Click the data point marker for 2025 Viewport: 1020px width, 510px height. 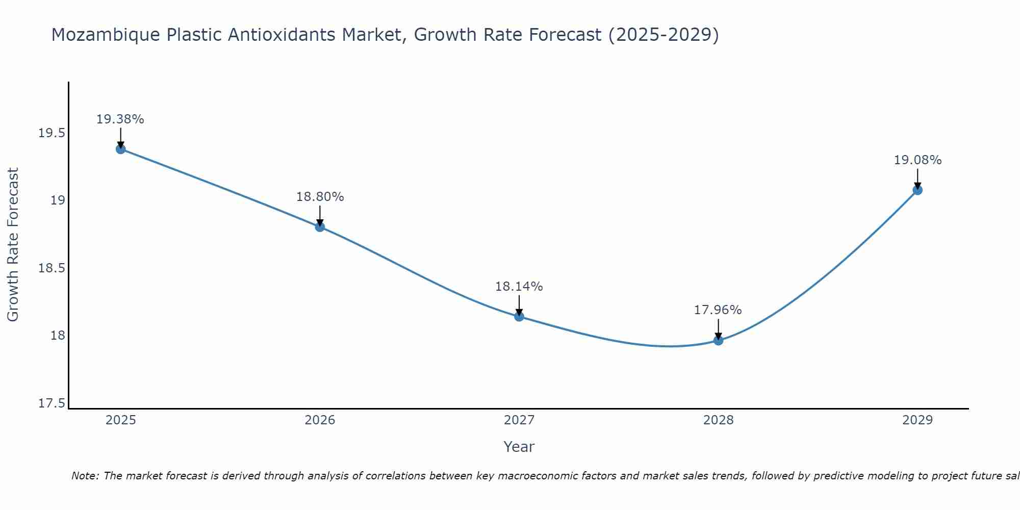(121, 149)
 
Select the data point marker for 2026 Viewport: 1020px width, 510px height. (320, 226)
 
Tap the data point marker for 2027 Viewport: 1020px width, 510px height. (519, 316)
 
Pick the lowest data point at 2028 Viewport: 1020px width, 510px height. (718, 340)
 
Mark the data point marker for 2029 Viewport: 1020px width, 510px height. (917, 190)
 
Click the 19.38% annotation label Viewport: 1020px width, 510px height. (120, 119)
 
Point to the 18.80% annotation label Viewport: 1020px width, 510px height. (320, 197)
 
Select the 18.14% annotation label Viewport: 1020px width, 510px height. (519, 287)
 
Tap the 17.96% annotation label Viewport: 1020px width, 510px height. (718, 310)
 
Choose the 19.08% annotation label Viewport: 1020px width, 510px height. (917, 160)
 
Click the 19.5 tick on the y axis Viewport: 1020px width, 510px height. (52, 134)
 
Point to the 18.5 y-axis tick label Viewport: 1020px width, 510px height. (52, 268)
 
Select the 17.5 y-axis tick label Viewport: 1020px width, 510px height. (52, 403)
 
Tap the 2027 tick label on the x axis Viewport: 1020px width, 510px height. (519, 420)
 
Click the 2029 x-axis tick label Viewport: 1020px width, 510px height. (917, 420)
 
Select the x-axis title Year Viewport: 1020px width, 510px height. (519, 447)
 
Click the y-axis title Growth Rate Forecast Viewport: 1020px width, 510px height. (13, 245)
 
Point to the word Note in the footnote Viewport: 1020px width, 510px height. (85, 476)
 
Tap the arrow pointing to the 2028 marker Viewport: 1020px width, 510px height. (718, 329)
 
